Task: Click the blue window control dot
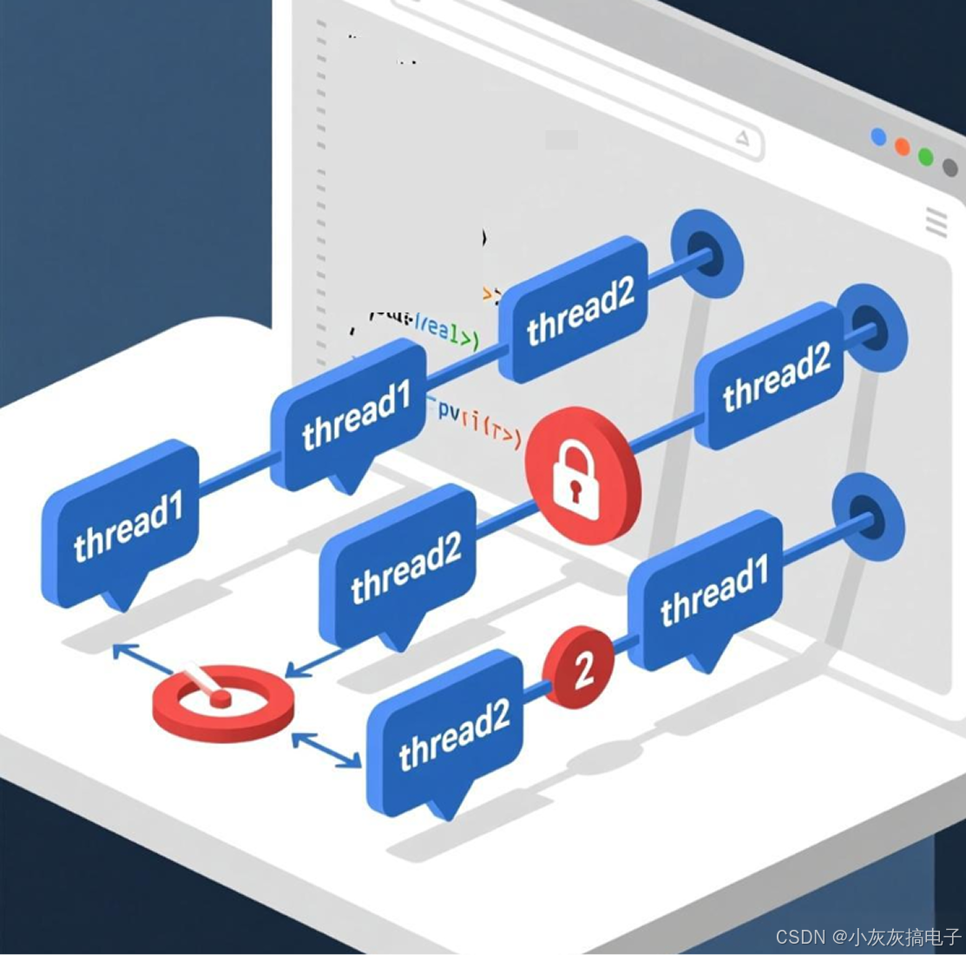tap(879, 137)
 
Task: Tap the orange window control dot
tap(903, 148)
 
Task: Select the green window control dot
tap(926, 157)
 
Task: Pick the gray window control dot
tap(950, 168)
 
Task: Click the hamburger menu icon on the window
tap(936, 221)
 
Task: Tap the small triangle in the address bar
tap(742, 137)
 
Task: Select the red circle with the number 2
tap(579, 667)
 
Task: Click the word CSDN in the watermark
tap(799, 937)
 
